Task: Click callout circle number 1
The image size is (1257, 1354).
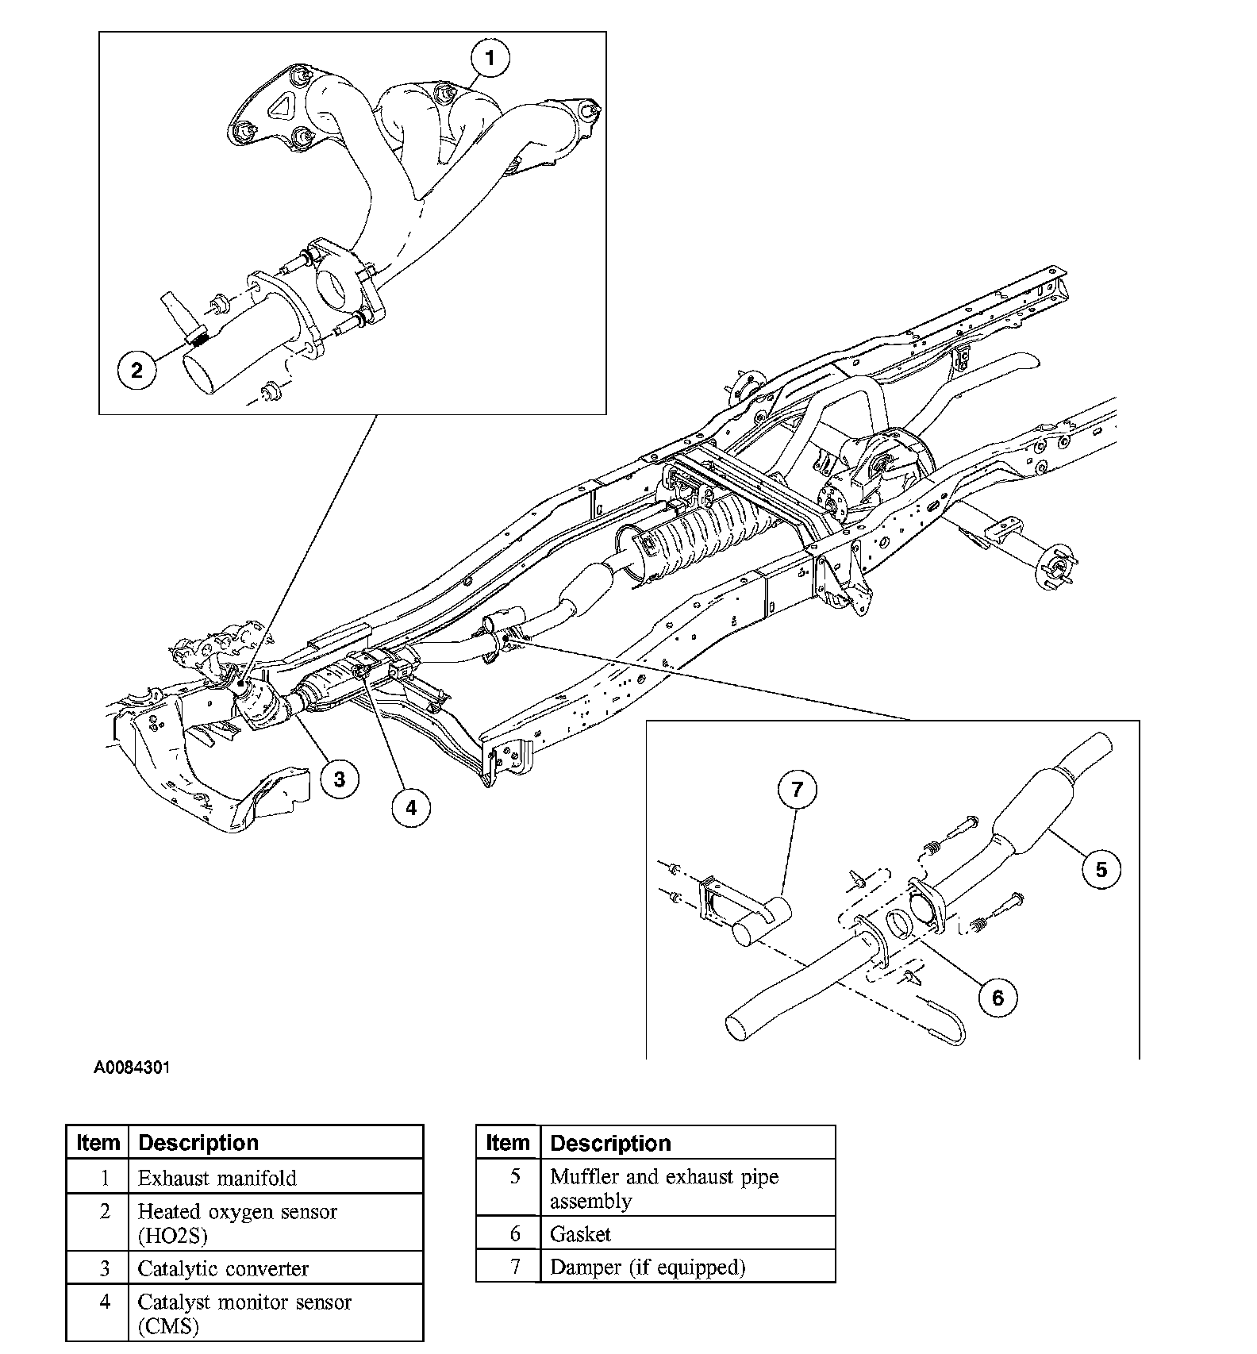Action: coord(490,58)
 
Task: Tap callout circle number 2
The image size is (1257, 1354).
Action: coord(137,369)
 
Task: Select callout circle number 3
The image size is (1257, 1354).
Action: coord(339,779)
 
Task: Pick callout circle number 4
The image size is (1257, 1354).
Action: coord(410,807)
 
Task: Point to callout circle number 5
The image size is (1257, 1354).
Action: coord(1101,869)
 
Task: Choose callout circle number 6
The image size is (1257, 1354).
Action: coord(998,997)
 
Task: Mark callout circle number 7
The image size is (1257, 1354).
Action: coord(798,789)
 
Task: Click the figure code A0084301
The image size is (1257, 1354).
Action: coord(132,1067)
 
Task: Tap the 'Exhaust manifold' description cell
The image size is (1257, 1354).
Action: coord(217,1178)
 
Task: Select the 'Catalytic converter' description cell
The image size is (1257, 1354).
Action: coord(223,1268)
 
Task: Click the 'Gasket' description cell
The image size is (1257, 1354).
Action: coord(581,1234)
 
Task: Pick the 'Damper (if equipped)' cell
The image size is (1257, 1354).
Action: coord(648,1267)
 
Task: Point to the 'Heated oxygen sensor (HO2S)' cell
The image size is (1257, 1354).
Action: coord(237,1223)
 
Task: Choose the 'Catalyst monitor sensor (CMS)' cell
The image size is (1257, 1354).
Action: coord(244,1314)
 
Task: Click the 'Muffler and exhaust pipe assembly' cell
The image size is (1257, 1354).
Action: coord(664,1188)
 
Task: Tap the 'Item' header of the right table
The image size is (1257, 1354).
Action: coord(507,1143)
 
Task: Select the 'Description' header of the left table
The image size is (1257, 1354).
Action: coord(198,1142)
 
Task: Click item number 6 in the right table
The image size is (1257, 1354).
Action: coord(515,1234)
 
